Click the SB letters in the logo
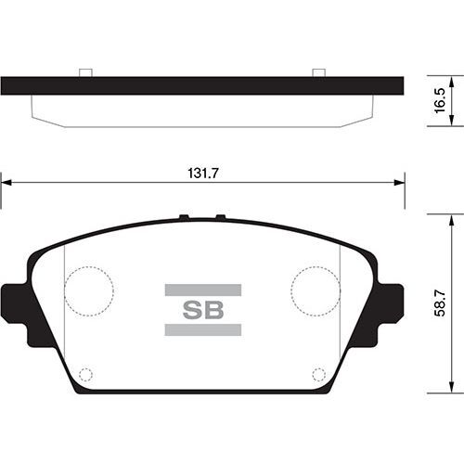[x=202, y=310]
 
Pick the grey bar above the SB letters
[x=202, y=290]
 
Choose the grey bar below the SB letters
[x=202, y=330]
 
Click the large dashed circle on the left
[x=89, y=290]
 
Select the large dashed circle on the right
[x=315, y=290]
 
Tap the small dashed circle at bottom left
[x=85, y=374]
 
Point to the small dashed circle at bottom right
[x=318, y=374]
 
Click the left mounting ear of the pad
[x=16, y=314]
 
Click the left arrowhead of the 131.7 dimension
[x=6, y=183]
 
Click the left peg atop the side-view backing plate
[x=84, y=72]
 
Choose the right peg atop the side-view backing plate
[x=318, y=72]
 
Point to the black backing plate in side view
[x=202, y=85]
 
